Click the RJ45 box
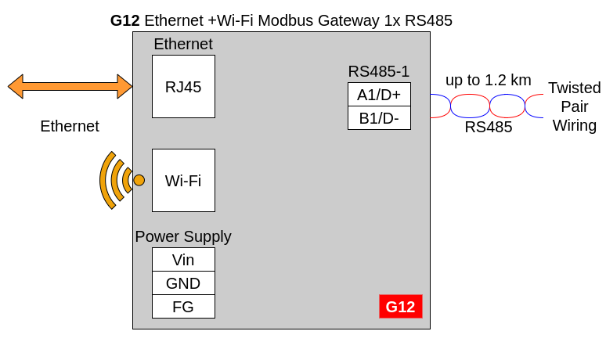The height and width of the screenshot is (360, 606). [183, 87]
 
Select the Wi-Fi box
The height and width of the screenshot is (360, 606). [183, 180]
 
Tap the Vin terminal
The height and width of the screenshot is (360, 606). [183, 260]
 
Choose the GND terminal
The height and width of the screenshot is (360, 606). [183, 283]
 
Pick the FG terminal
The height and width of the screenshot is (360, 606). [183, 307]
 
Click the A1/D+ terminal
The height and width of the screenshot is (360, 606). [379, 94]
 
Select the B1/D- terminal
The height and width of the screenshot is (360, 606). [379, 118]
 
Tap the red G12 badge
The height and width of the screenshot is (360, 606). [401, 306]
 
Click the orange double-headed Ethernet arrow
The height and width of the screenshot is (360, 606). [70, 87]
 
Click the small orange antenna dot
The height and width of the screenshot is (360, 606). [139, 180]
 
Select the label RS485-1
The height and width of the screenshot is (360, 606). [379, 71]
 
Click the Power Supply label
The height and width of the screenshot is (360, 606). [183, 236]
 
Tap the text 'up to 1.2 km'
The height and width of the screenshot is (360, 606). [489, 81]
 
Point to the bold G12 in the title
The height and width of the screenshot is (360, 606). [124, 20]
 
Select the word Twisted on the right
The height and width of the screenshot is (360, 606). [575, 88]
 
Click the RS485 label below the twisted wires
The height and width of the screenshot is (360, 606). [489, 127]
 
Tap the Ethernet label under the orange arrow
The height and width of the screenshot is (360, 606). [70, 126]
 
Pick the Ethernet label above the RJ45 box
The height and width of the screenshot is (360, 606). [183, 44]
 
